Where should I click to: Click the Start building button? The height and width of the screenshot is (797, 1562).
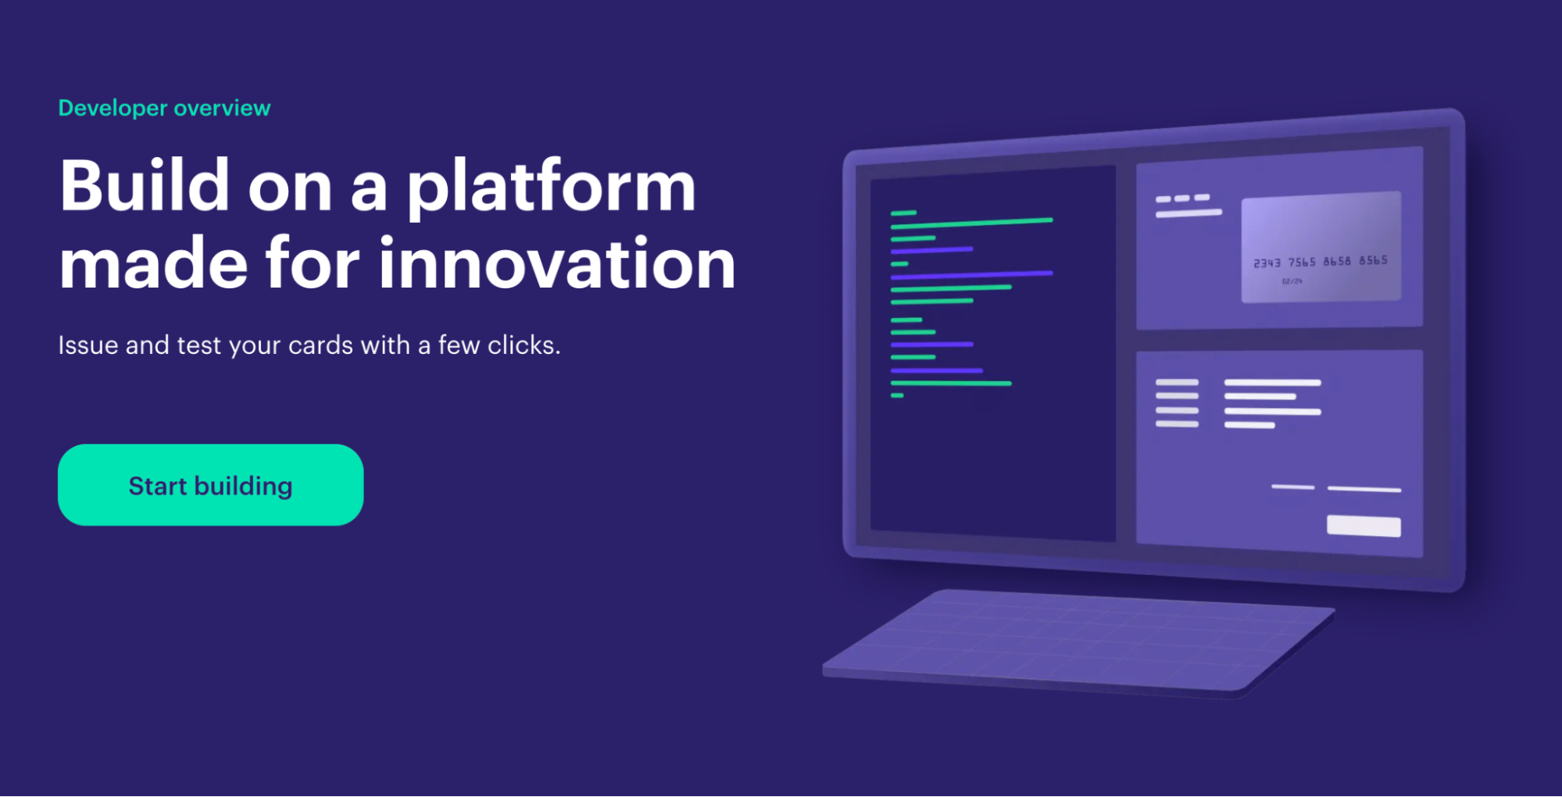[210, 485]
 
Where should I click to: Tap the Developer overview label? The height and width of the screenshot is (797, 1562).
[164, 108]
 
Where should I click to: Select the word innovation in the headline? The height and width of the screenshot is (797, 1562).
[557, 263]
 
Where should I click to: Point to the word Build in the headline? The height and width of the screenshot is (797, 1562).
[145, 184]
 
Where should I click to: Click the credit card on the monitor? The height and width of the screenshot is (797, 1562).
[1321, 247]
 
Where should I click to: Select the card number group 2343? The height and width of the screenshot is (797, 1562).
[1267, 263]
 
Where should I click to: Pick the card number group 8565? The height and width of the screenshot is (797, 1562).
[1373, 260]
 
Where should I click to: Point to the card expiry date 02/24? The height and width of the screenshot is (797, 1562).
[1292, 281]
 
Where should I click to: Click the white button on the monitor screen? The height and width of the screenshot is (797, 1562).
[1364, 526]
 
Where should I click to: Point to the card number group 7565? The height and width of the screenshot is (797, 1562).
[1302, 263]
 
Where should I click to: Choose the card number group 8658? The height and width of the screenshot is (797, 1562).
[1337, 261]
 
